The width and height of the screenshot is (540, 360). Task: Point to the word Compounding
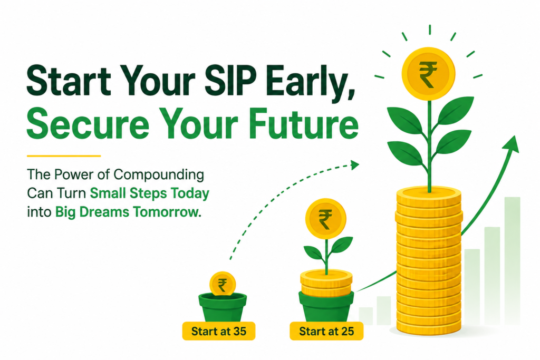click(x=159, y=176)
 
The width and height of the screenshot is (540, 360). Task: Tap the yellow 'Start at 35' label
click(x=219, y=331)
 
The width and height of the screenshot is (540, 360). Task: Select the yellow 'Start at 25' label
click(x=326, y=331)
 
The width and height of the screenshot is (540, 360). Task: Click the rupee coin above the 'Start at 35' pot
click(x=223, y=284)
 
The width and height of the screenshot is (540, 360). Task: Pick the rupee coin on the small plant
click(x=325, y=219)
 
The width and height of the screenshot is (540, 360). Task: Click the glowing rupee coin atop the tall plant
click(x=428, y=74)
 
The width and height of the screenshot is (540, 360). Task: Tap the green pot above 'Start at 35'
click(x=223, y=307)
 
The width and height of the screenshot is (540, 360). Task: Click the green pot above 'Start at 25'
click(x=326, y=306)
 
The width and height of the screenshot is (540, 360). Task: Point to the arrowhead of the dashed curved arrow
click(x=355, y=165)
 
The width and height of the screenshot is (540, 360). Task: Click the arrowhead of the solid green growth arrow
click(x=512, y=143)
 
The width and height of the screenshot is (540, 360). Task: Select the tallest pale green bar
click(x=512, y=261)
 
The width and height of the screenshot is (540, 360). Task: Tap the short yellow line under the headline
click(x=64, y=156)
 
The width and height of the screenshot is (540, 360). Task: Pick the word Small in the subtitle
click(x=108, y=193)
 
